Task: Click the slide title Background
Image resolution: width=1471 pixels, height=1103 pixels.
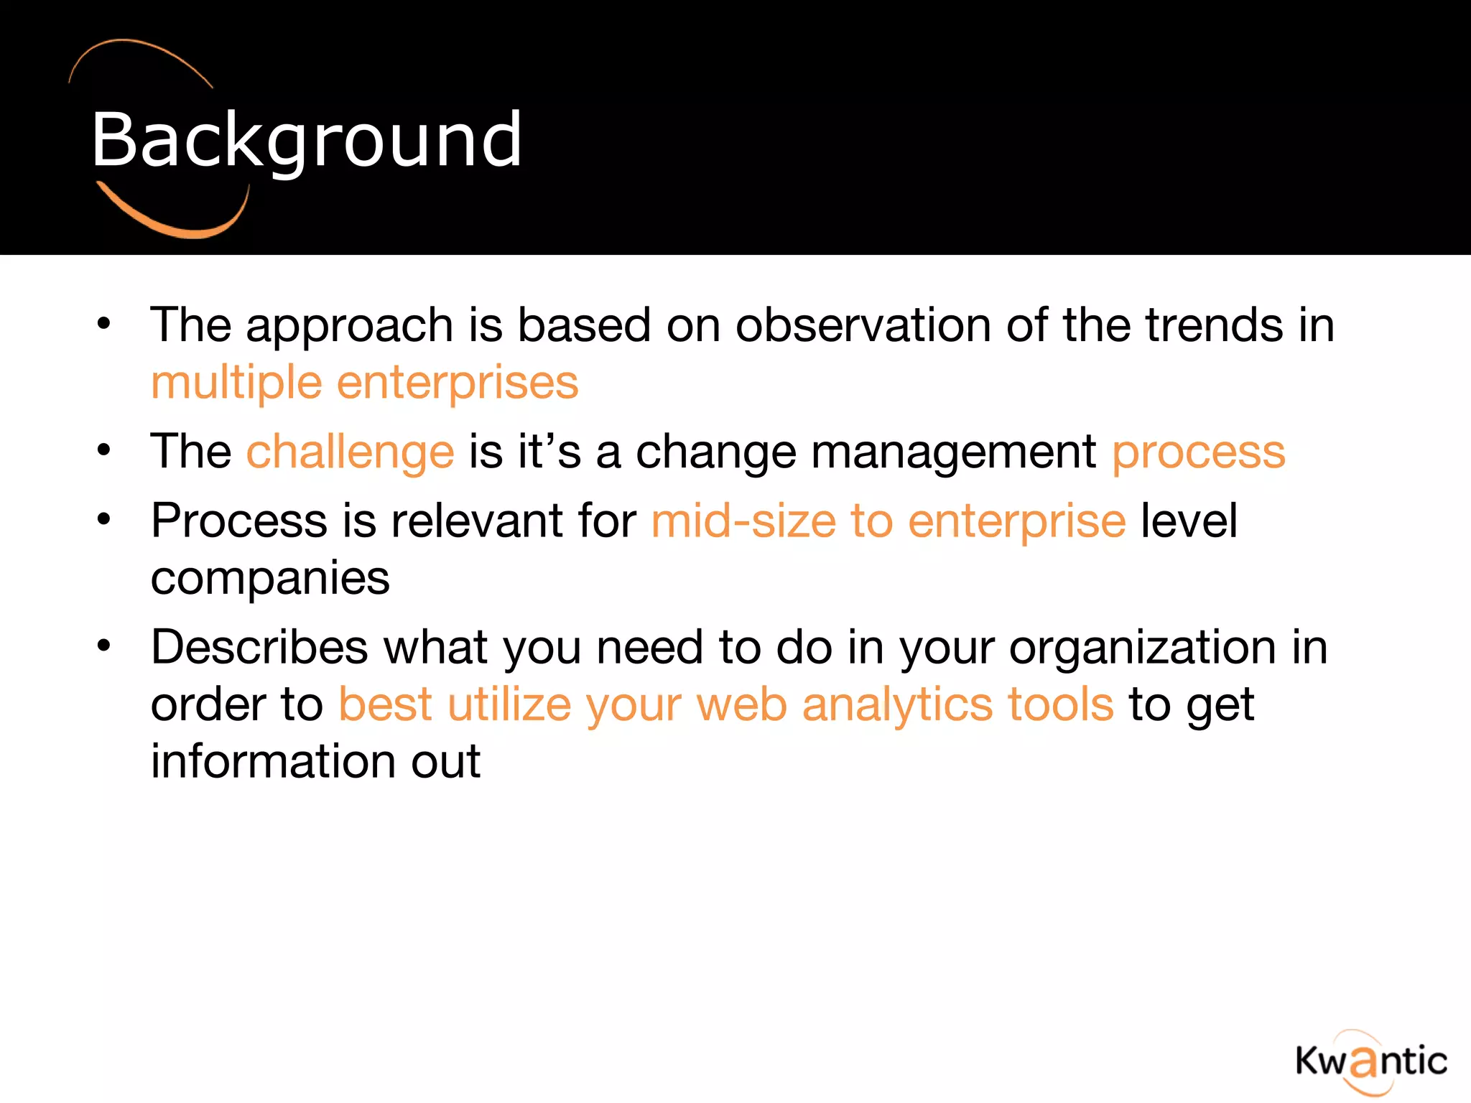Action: coord(307,141)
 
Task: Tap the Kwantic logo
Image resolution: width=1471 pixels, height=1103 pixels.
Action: coord(1370,1061)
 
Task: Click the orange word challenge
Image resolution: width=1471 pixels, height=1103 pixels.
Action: coord(350,452)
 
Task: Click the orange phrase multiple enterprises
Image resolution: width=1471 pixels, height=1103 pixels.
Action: coord(364,383)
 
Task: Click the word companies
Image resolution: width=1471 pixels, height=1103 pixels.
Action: coord(270,579)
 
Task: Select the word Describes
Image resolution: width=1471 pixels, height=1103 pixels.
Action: coord(259,647)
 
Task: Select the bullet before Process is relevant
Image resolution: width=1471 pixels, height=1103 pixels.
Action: coord(104,518)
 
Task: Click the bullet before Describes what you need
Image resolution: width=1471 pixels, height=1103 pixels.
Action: coord(104,646)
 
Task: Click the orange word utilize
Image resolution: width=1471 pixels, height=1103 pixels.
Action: coord(509,704)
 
